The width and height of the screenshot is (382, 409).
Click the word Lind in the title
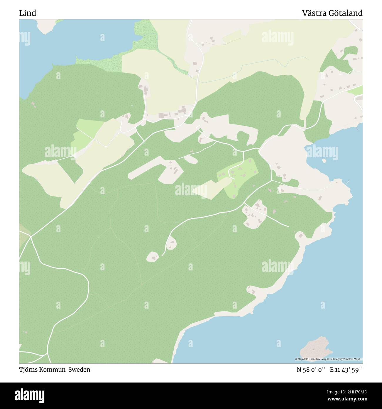coord(28,13)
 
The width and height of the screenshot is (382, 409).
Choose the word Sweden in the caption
coord(79,370)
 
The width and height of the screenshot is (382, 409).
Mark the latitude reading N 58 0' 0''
coord(311,370)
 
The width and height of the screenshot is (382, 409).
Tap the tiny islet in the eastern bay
coord(324,161)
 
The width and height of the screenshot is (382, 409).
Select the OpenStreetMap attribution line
coord(328,359)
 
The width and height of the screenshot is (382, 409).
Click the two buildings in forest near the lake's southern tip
coord(33,104)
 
